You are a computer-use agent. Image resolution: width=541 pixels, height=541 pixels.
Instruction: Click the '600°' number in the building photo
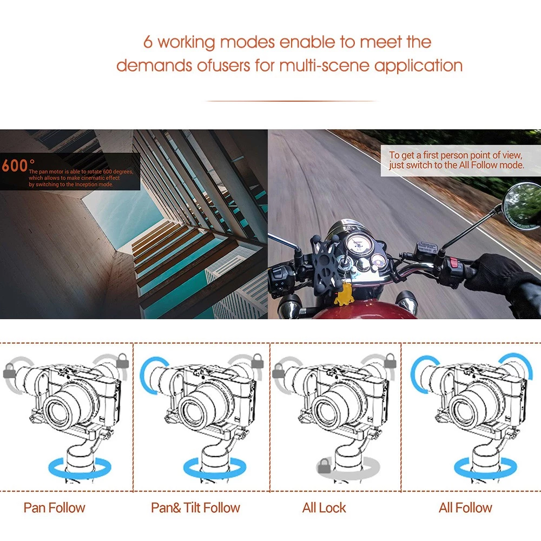click(x=18, y=165)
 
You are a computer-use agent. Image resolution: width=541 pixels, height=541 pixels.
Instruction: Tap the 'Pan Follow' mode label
click(x=54, y=508)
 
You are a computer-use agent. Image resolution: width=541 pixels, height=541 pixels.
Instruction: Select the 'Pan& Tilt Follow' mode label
click(x=195, y=508)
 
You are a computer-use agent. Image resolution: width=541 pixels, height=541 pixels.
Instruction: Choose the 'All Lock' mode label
click(x=324, y=508)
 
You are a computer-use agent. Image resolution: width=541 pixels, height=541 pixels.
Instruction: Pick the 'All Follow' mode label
click(x=465, y=508)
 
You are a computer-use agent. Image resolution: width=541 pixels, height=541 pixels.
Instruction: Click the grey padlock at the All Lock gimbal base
click(x=324, y=466)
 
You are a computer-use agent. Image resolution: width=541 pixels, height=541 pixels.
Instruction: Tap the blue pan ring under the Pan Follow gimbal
click(x=80, y=468)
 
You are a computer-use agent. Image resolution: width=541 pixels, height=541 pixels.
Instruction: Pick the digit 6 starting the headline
click(x=148, y=42)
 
